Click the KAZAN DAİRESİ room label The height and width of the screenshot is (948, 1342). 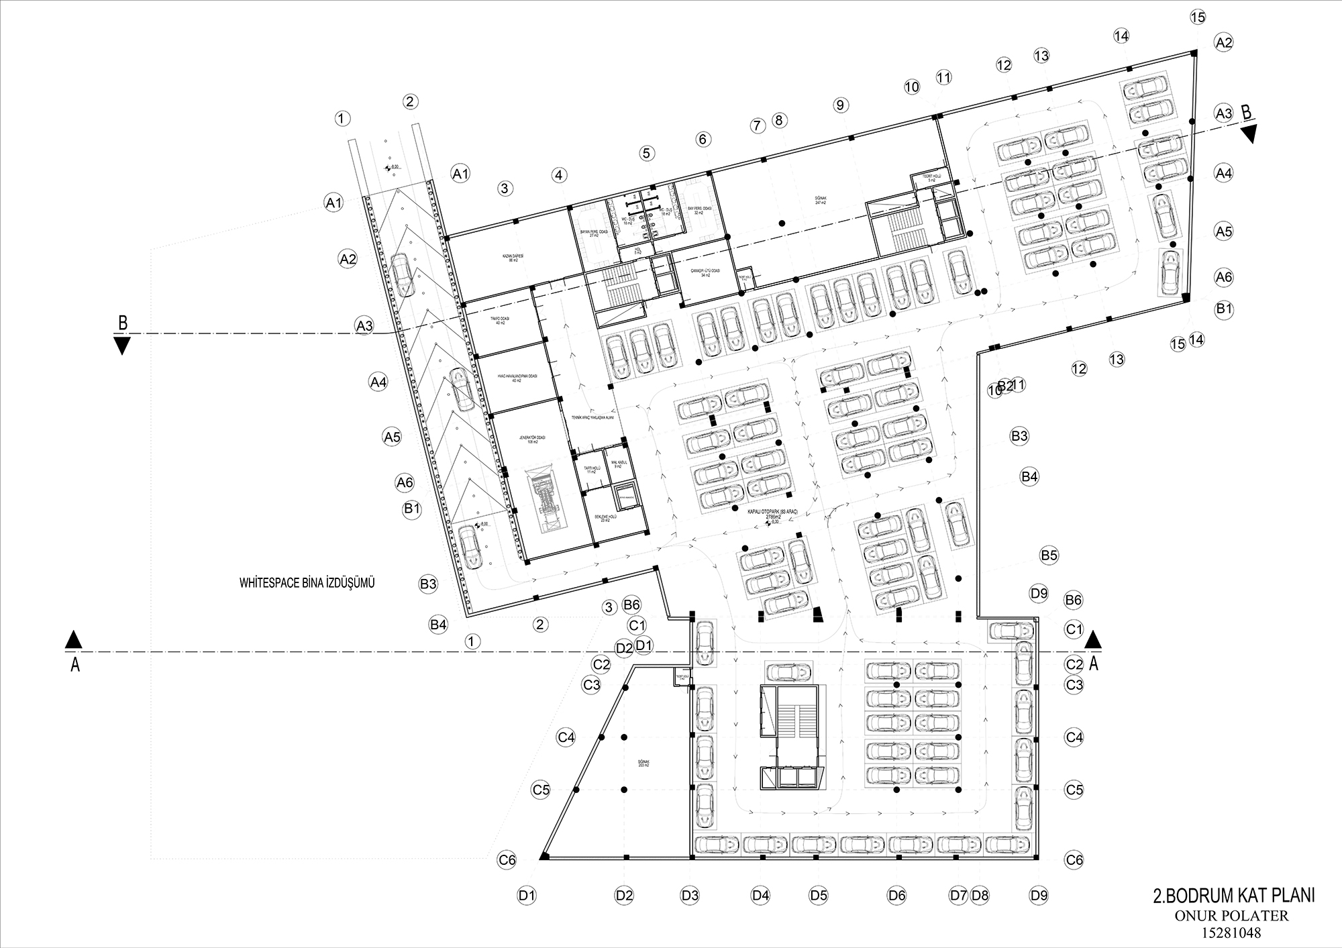click(513, 258)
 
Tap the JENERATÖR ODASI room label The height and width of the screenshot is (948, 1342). click(532, 439)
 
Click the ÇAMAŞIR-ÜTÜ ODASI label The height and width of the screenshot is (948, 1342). click(705, 272)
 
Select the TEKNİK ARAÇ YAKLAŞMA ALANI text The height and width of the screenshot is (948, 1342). click(592, 417)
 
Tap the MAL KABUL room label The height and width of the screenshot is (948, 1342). click(617, 464)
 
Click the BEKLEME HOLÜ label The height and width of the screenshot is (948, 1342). click(606, 519)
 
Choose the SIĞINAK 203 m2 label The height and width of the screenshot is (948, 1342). click(644, 764)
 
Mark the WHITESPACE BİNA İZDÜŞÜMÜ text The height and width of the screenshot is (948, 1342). click(307, 583)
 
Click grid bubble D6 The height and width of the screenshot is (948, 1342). click(896, 895)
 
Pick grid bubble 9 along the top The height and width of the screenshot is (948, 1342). click(841, 105)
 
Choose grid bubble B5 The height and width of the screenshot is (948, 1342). click(1049, 556)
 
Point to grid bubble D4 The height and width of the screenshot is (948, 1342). click(760, 895)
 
